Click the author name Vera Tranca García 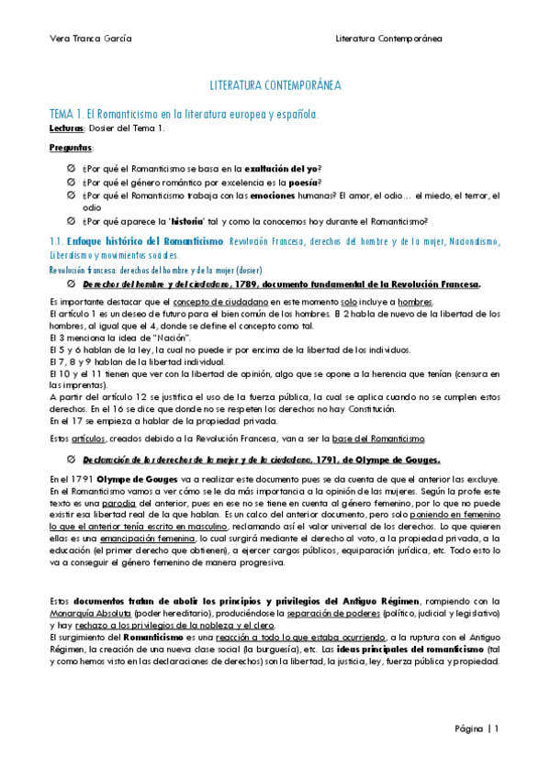(x=89, y=39)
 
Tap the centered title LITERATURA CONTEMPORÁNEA (x=275, y=84)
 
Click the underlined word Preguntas (x=71, y=147)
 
